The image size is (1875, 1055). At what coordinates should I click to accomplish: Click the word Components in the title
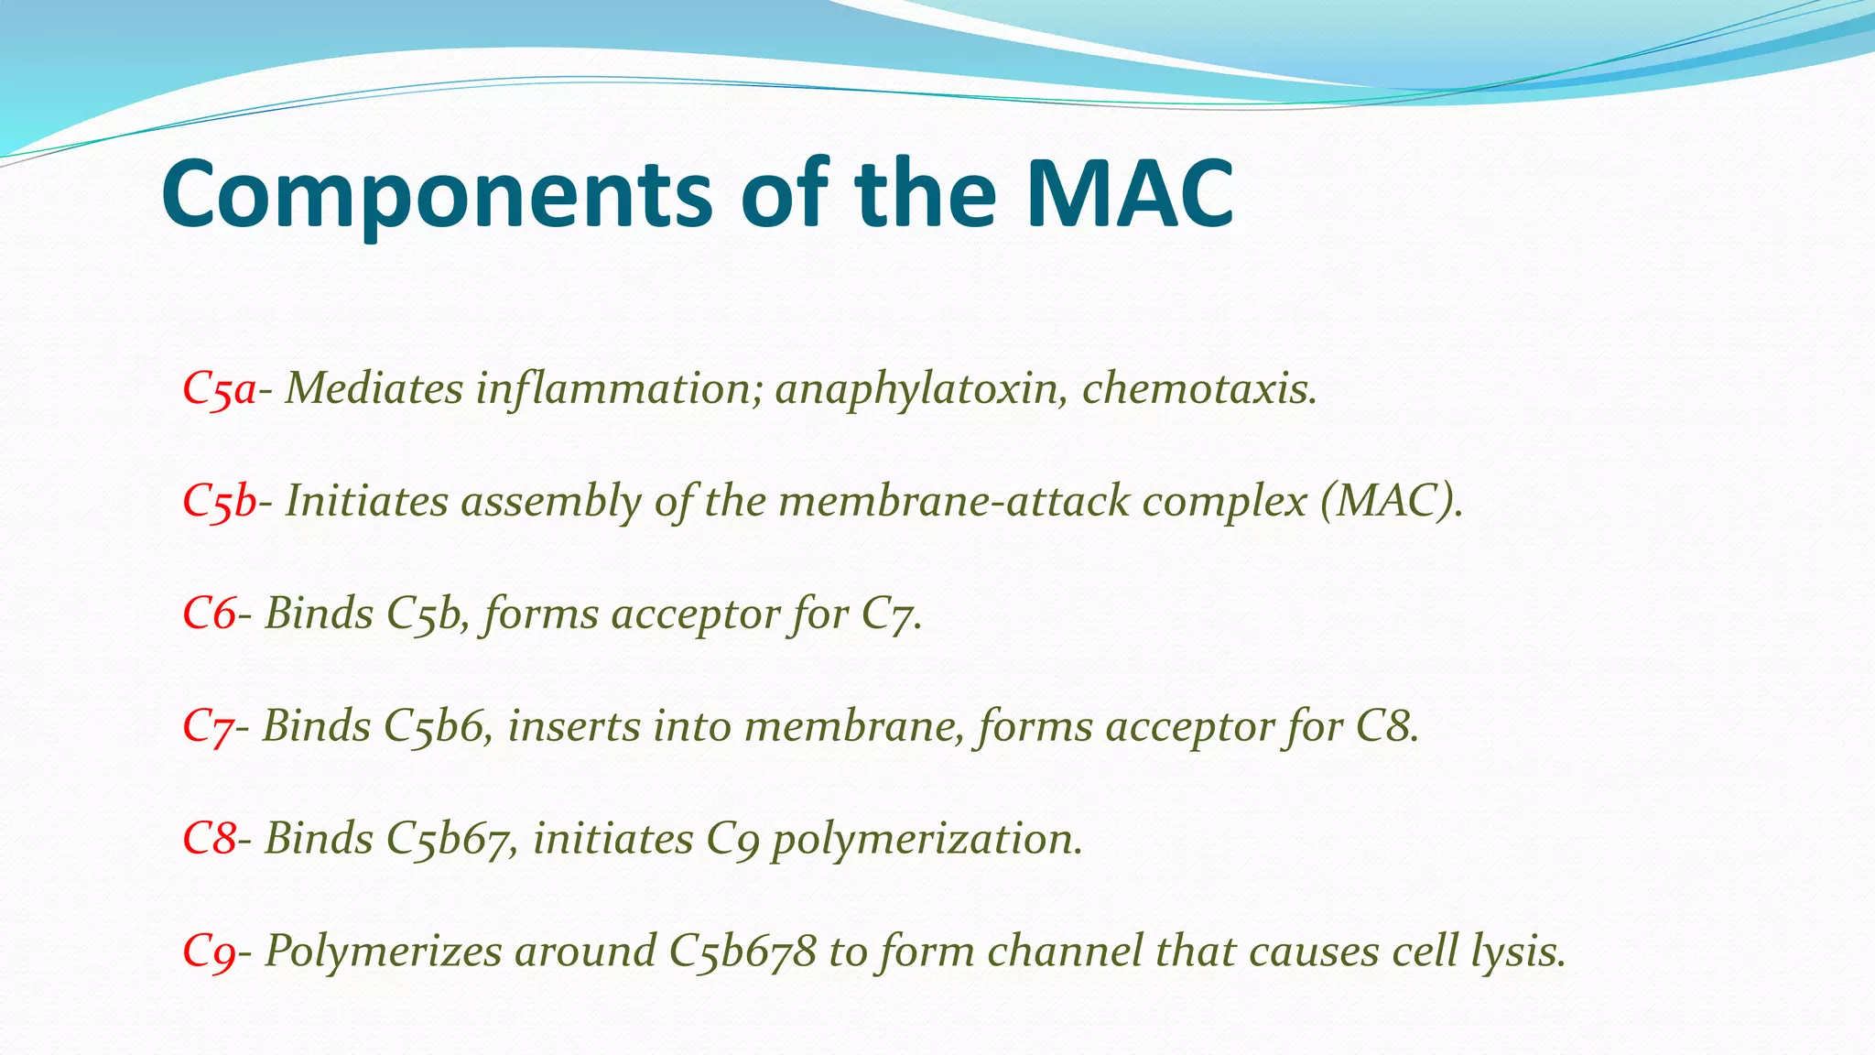[x=436, y=195]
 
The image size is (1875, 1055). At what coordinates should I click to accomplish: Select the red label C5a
[x=219, y=389]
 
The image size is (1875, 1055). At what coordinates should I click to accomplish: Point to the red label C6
[x=209, y=614]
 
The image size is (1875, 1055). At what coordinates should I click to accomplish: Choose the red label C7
[x=208, y=727]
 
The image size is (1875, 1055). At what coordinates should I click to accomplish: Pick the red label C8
[x=209, y=839]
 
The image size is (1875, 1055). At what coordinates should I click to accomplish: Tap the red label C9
[x=209, y=952]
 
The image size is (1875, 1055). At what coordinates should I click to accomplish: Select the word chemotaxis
[x=1199, y=389]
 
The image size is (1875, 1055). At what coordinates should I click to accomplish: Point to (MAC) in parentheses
[x=1392, y=502]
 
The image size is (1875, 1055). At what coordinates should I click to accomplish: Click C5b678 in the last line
[x=742, y=952]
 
